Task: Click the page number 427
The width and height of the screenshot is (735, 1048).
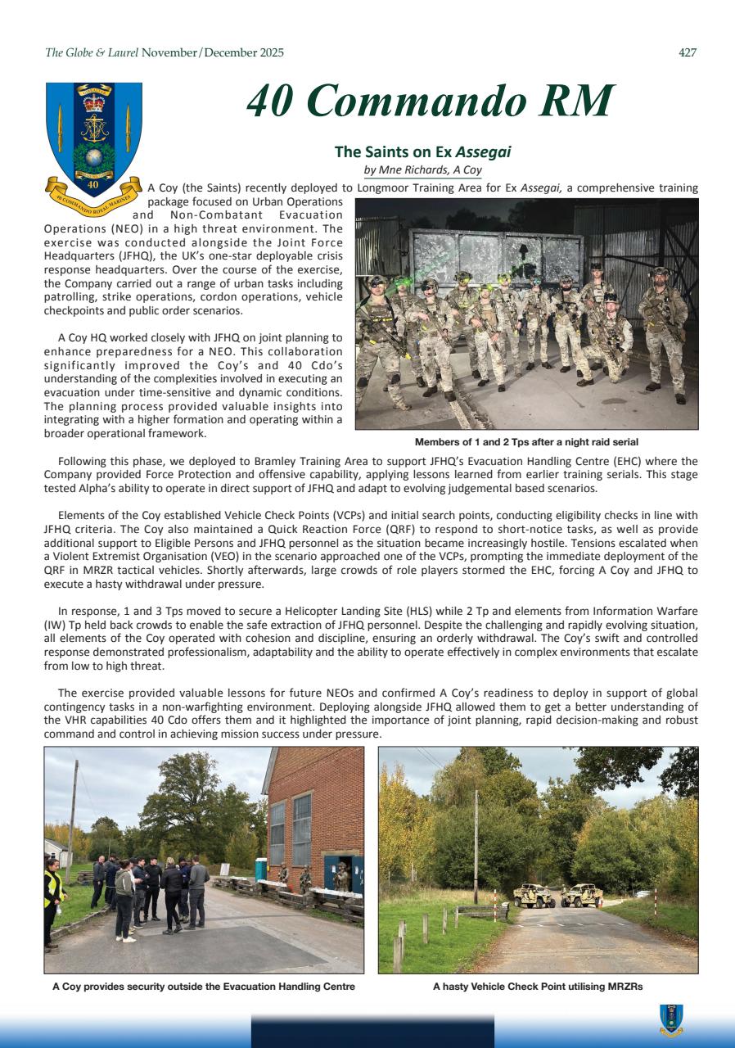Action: (x=688, y=53)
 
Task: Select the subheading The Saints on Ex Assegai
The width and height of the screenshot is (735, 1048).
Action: (x=422, y=151)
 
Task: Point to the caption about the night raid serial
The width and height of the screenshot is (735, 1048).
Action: (x=526, y=441)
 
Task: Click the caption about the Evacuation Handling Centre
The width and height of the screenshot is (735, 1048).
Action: (x=203, y=987)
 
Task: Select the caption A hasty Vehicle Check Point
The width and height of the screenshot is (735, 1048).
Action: (x=538, y=987)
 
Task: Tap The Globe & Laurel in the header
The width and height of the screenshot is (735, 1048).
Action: (x=92, y=53)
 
